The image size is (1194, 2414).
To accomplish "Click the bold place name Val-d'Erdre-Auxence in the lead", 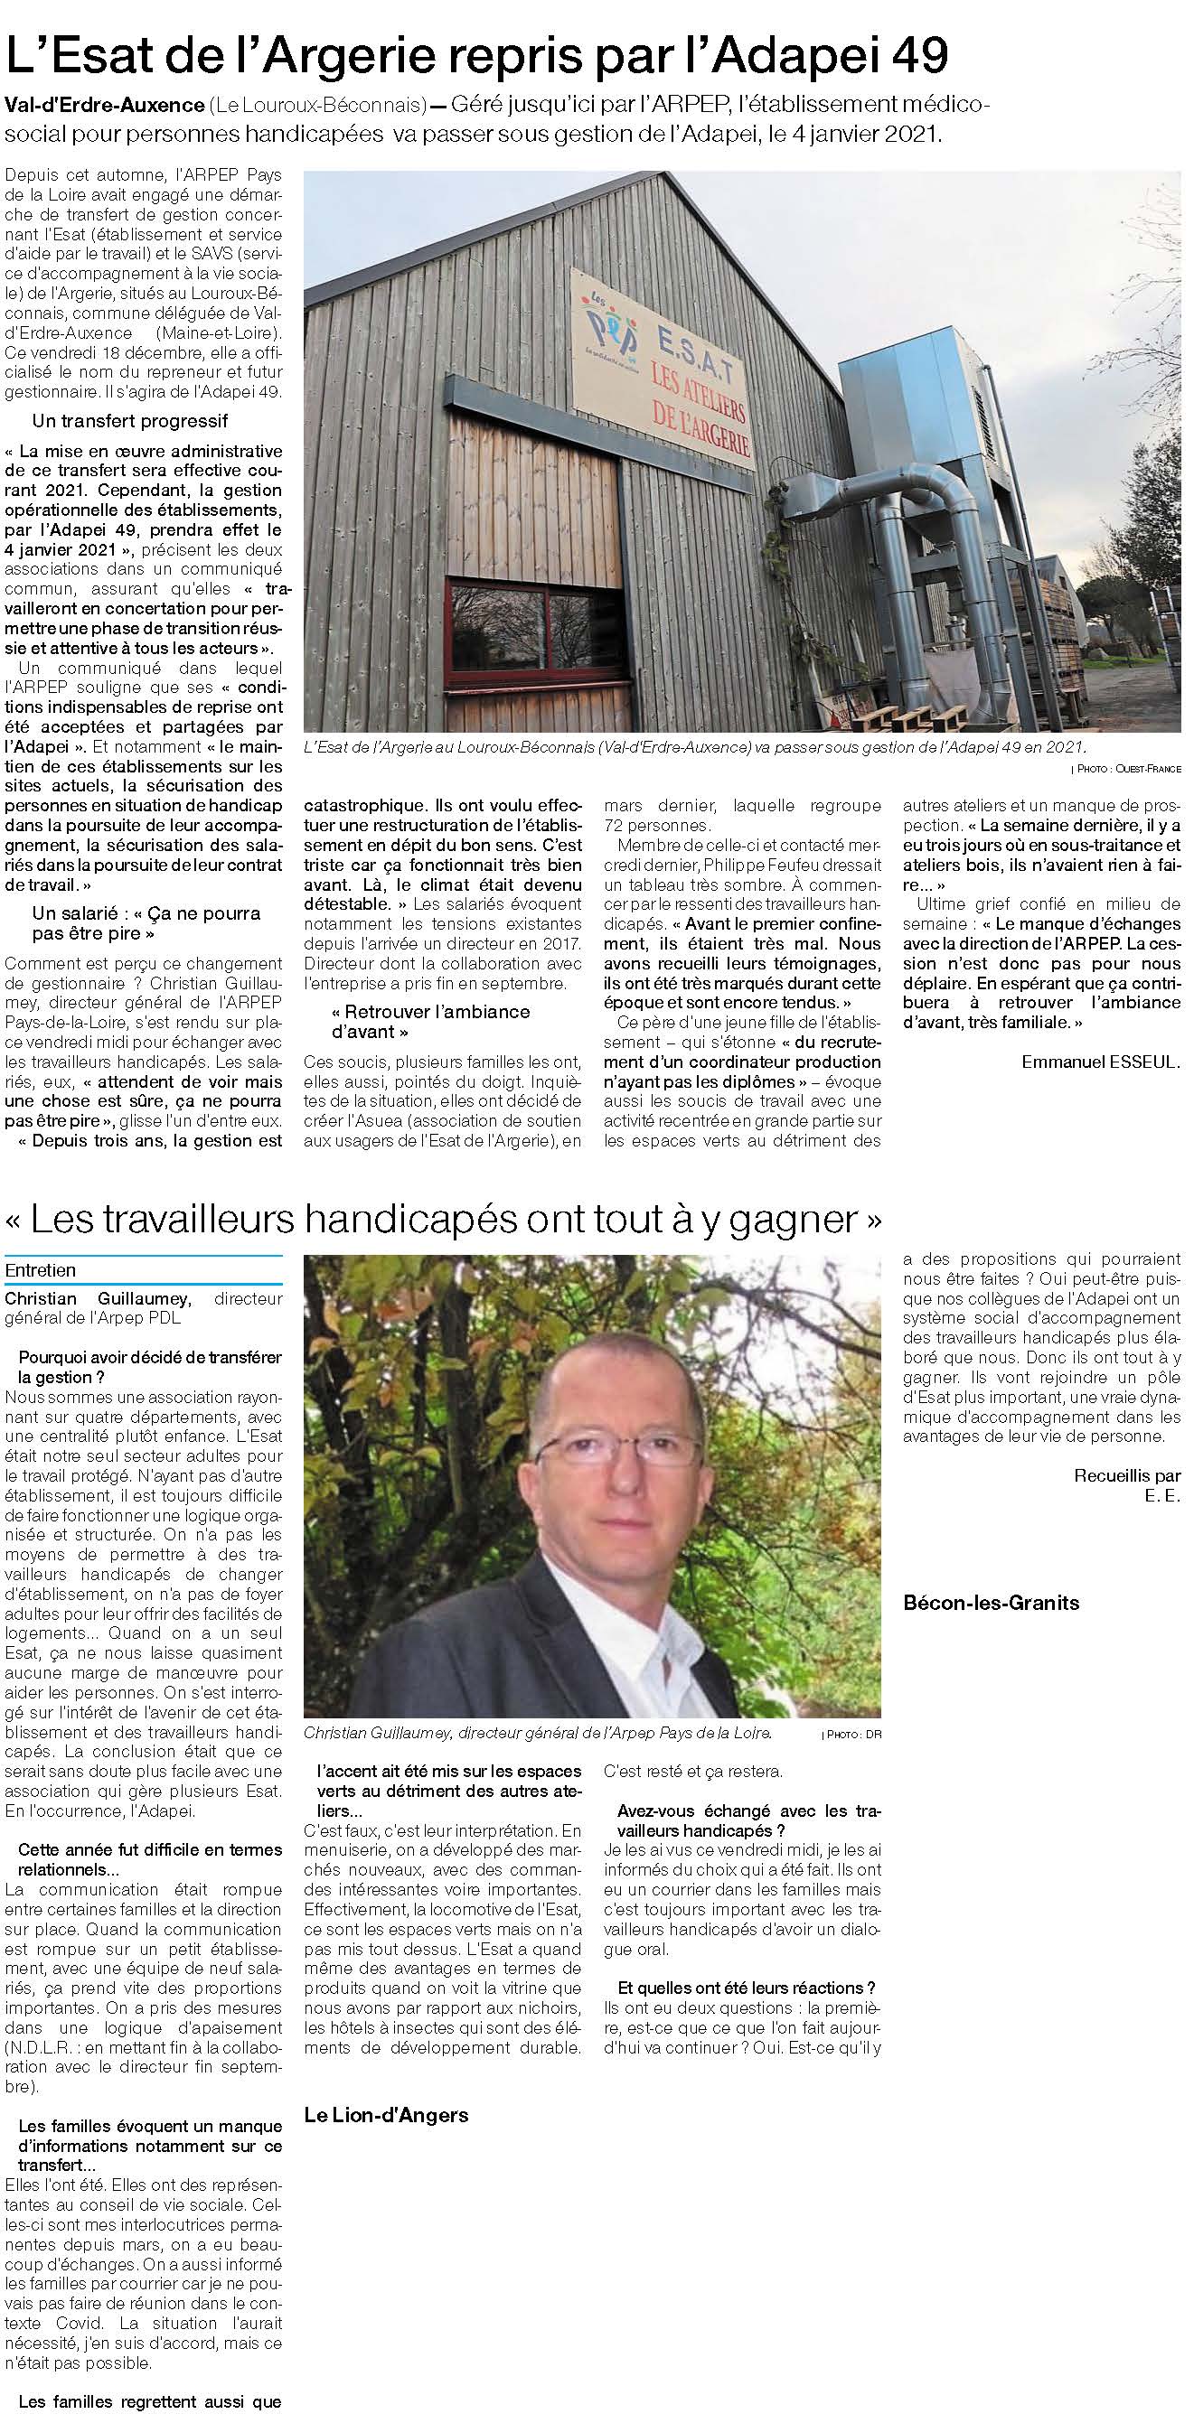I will click(x=103, y=103).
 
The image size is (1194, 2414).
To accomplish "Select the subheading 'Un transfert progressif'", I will click(x=130, y=422).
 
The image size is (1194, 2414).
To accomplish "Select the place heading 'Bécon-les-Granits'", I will click(x=991, y=1603).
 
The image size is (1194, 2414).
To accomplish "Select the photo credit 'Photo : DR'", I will click(x=851, y=1735).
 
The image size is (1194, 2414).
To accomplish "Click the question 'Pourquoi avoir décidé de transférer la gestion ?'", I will click(x=149, y=1366).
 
